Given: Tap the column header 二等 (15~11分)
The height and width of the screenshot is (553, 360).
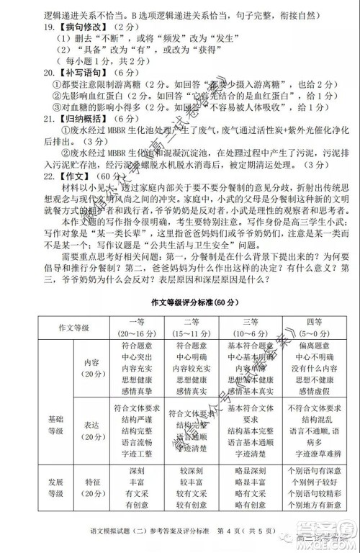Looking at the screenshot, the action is [x=192, y=326].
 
